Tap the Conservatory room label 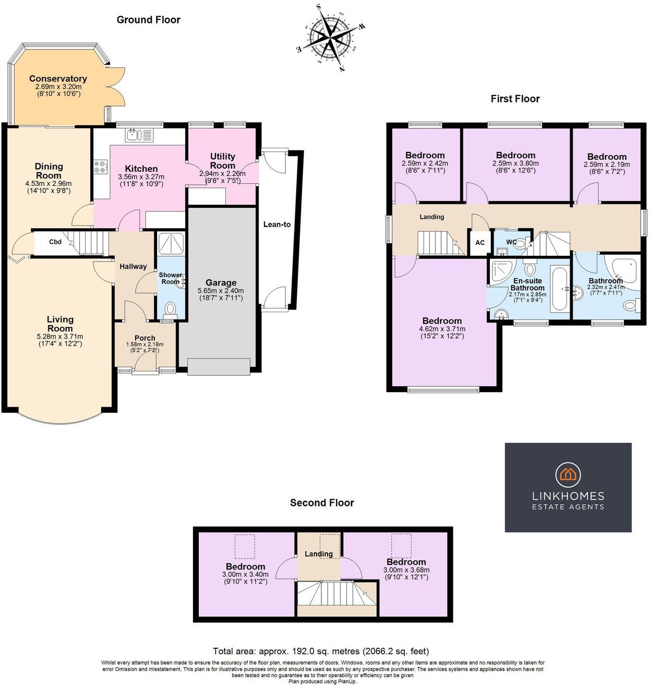click(x=58, y=79)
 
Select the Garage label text click(x=220, y=283)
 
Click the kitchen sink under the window click(x=139, y=135)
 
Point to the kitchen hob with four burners click(x=100, y=167)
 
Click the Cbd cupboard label click(x=55, y=242)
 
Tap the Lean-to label click(x=276, y=224)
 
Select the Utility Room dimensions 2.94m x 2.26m click(x=222, y=173)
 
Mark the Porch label click(x=145, y=338)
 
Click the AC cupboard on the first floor click(x=480, y=243)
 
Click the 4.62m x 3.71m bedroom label click(x=442, y=329)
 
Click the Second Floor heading click(x=322, y=503)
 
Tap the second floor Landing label click(x=319, y=554)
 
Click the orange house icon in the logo click(x=568, y=473)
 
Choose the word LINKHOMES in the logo click(x=568, y=496)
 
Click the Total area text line click(x=321, y=651)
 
